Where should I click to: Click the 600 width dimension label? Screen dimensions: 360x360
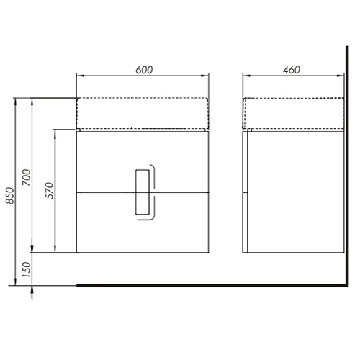click(x=144, y=70)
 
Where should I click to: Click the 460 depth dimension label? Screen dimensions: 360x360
click(x=292, y=70)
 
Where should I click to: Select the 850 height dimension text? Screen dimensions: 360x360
click(x=11, y=196)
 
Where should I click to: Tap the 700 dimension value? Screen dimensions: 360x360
click(x=27, y=177)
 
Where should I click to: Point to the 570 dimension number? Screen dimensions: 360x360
click(x=50, y=190)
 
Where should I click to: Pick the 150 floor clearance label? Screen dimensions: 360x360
click(x=27, y=269)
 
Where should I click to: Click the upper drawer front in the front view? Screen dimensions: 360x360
click(x=143, y=162)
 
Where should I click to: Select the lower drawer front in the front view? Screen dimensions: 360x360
click(x=143, y=222)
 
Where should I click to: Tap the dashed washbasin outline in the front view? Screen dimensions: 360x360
click(x=143, y=98)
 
